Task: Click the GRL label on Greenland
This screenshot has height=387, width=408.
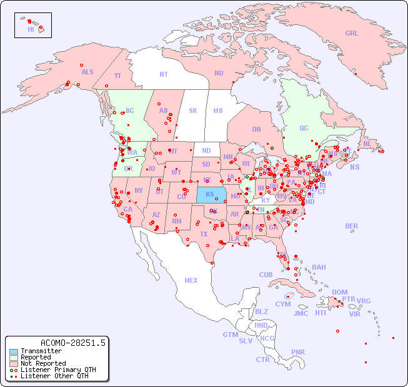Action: (352, 34)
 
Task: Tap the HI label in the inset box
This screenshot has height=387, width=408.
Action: (31, 29)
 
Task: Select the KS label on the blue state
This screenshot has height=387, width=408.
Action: (210, 194)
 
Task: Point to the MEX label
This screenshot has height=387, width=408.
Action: (191, 280)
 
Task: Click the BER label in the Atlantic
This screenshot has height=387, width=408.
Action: (351, 226)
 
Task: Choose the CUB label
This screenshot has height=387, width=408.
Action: (266, 275)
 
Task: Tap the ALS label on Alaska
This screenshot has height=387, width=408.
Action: (87, 72)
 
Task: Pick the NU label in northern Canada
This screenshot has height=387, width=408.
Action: (219, 73)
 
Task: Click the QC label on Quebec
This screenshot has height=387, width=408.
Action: (304, 128)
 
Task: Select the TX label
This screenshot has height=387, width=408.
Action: (204, 234)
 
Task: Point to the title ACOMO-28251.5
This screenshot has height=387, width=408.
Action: (73, 343)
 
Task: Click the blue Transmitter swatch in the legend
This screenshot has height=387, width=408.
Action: (14, 351)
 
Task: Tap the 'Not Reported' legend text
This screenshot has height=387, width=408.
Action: (42, 363)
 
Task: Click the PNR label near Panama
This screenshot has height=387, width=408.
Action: (298, 352)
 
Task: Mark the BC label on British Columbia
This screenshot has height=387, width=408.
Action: (130, 110)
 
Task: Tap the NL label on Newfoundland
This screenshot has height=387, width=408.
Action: (367, 143)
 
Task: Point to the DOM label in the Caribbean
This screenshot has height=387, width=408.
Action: (339, 292)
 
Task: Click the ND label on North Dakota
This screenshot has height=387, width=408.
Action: (206, 150)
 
